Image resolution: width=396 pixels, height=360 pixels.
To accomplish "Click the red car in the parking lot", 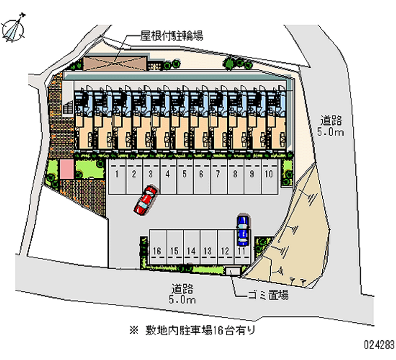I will (145, 200).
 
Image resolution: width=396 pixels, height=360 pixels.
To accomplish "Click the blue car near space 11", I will (243, 230).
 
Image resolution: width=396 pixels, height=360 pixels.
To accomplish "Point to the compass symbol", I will (14, 28).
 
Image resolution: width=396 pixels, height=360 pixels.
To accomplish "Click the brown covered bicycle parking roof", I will (115, 63).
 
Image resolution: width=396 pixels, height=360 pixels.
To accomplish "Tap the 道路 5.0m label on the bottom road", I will (182, 294).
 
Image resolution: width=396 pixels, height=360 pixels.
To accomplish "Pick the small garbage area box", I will (233, 270).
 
